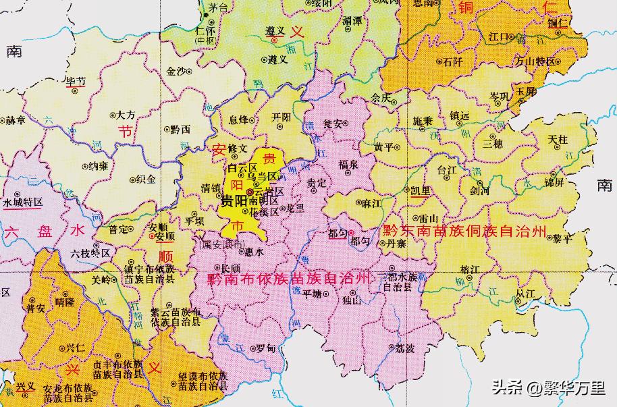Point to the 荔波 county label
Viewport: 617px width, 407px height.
[x=406, y=348]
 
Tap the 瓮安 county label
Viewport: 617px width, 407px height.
[x=333, y=124]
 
